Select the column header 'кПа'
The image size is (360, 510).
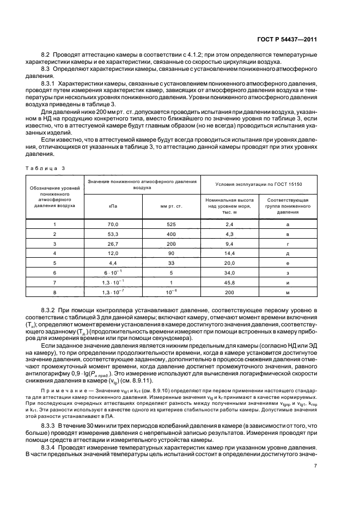[113, 206]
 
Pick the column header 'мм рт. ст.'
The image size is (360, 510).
[172, 206]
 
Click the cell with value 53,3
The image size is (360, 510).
[113, 234]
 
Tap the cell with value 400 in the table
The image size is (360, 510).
[172, 234]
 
